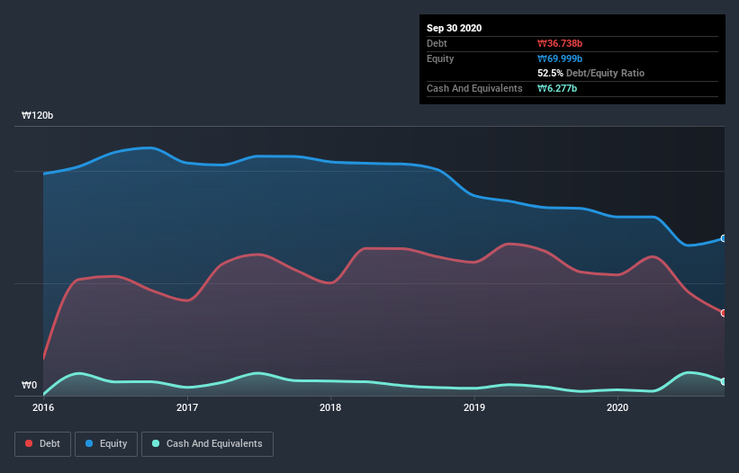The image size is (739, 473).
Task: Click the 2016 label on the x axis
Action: pyautogui.click(x=43, y=407)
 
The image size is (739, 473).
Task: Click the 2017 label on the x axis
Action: pyautogui.click(x=187, y=407)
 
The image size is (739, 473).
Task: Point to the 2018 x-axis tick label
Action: pyautogui.click(x=330, y=407)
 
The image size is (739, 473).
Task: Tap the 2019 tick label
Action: pyautogui.click(x=474, y=407)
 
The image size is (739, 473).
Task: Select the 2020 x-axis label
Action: pyautogui.click(x=618, y=407)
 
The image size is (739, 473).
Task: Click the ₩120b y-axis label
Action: pyautogui.click(x=38, y=116)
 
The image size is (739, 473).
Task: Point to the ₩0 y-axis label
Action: pyautogui.click(x=30, y=385)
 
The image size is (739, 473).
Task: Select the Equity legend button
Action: pyautogui.click(x=106, y=443)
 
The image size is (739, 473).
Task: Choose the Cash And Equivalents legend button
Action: pyautogui.click(x=207, y=443)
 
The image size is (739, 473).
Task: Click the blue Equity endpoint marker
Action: pyautogui.click(x=724, y=238)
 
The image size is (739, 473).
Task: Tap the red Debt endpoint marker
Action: pyautogui.click(x=724, y=313)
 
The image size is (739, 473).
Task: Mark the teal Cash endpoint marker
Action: pyautogui.click(x=724, y=381)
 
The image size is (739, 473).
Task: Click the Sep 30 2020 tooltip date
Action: pyautogui.click(x=455, y=28)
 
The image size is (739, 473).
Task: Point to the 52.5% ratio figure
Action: pyautogui.click(x=551, y=73)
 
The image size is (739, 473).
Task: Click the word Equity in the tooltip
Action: pyautogui.click(x=441, y=58)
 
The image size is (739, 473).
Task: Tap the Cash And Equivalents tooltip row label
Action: pyautogui.click(x=474, y=88)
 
